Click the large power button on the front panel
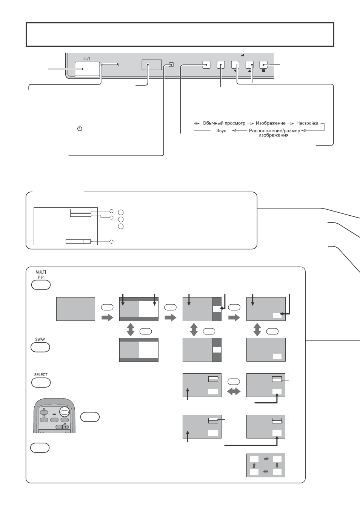click(87, 69)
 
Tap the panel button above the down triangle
click(235, 65)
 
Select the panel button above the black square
click(263, 65)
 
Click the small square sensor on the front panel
click(171, 65)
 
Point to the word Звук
click(221, 131)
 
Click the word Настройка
click(307, 123)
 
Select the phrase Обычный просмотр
click(224, 123)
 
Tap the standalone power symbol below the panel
click(80, 129)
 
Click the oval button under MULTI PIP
click(41, 285)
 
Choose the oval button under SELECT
click(41, 383)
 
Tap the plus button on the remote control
click(66, 427)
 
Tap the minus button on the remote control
click(59, 427)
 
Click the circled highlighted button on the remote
click(65, 412)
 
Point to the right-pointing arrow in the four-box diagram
click(266, 459)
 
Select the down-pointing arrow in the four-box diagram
click(277, 466)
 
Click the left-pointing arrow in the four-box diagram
click(266, 472)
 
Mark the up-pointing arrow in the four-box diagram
click(254, 466)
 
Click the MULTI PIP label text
click(41, 274)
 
